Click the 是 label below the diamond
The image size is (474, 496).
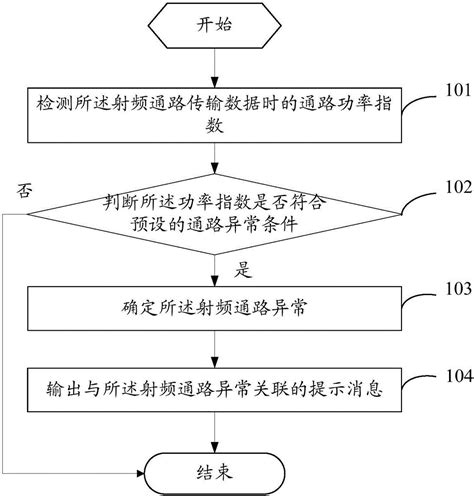[x=241, y=268]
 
